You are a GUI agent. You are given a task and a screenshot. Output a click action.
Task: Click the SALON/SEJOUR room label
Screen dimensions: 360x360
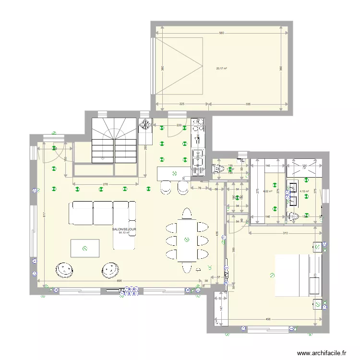[x=124, y=230]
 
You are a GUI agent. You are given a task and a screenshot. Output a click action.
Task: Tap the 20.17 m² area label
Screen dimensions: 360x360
[x=221, y=68]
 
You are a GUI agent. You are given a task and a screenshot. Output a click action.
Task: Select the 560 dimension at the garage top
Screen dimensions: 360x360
[x=221, y=33]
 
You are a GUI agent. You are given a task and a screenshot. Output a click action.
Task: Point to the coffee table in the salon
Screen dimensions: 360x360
[x=84, y=248]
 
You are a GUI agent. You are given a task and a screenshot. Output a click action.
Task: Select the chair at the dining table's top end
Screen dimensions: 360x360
[x=187, y=213]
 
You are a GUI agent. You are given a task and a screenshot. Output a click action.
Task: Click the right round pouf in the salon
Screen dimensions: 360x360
[x=108, y=271]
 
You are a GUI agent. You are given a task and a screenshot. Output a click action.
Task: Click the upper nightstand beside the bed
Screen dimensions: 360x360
[x=317, y=247]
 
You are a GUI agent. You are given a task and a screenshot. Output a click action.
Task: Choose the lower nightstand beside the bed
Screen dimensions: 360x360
[x=317, y=303]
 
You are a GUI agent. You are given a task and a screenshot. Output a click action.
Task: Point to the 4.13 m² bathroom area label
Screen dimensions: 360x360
[x=304, y=191]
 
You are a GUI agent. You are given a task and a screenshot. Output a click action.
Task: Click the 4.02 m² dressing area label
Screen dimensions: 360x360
[x=268, y=191]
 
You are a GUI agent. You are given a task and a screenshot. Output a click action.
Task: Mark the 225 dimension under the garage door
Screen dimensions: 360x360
[x=182, y=103]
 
